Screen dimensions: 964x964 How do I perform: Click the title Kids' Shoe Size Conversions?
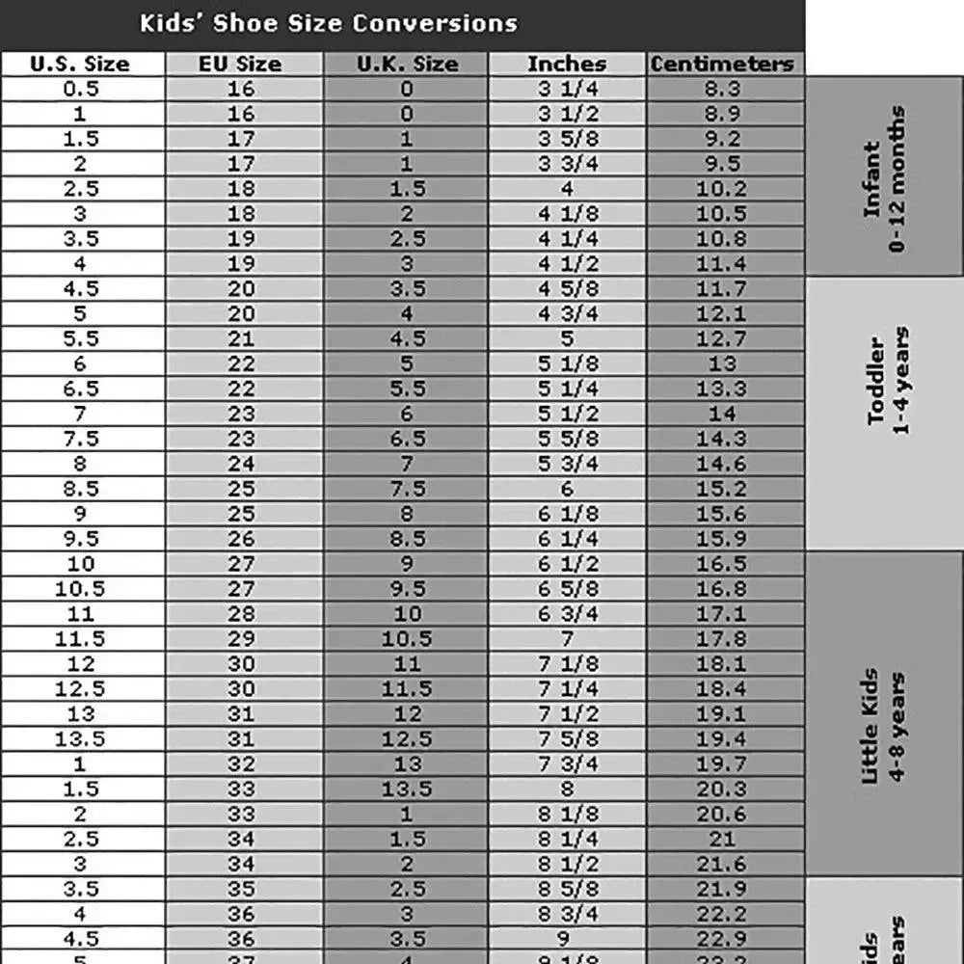328,23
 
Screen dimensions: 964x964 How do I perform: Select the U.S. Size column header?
80,65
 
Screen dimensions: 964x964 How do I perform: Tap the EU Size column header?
240,65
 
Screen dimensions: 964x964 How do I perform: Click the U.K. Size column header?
407,65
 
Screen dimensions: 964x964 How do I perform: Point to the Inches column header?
567,65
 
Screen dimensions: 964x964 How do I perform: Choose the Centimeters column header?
722,65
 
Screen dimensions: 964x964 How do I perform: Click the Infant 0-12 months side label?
884,178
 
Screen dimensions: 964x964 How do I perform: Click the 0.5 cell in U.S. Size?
80,90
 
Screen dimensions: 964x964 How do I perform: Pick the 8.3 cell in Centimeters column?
722,90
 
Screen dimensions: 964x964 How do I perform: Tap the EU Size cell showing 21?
240,339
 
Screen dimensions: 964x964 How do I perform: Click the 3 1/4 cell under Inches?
567,90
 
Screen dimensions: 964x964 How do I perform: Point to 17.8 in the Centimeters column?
722,639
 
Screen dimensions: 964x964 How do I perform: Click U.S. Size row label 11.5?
80,639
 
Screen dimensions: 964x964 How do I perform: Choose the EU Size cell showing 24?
240,464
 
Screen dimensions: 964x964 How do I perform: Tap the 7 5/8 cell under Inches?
567,739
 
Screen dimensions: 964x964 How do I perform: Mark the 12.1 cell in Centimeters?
722,314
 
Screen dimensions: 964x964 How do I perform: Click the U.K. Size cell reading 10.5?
407,639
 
